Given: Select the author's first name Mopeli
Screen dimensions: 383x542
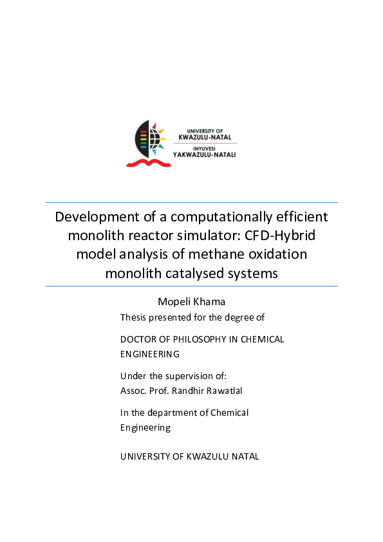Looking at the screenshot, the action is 176,302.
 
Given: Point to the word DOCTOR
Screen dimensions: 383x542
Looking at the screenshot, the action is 138,339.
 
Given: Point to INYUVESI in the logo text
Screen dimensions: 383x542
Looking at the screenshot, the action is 200,147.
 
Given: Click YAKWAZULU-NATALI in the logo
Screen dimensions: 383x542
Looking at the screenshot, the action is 205,154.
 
